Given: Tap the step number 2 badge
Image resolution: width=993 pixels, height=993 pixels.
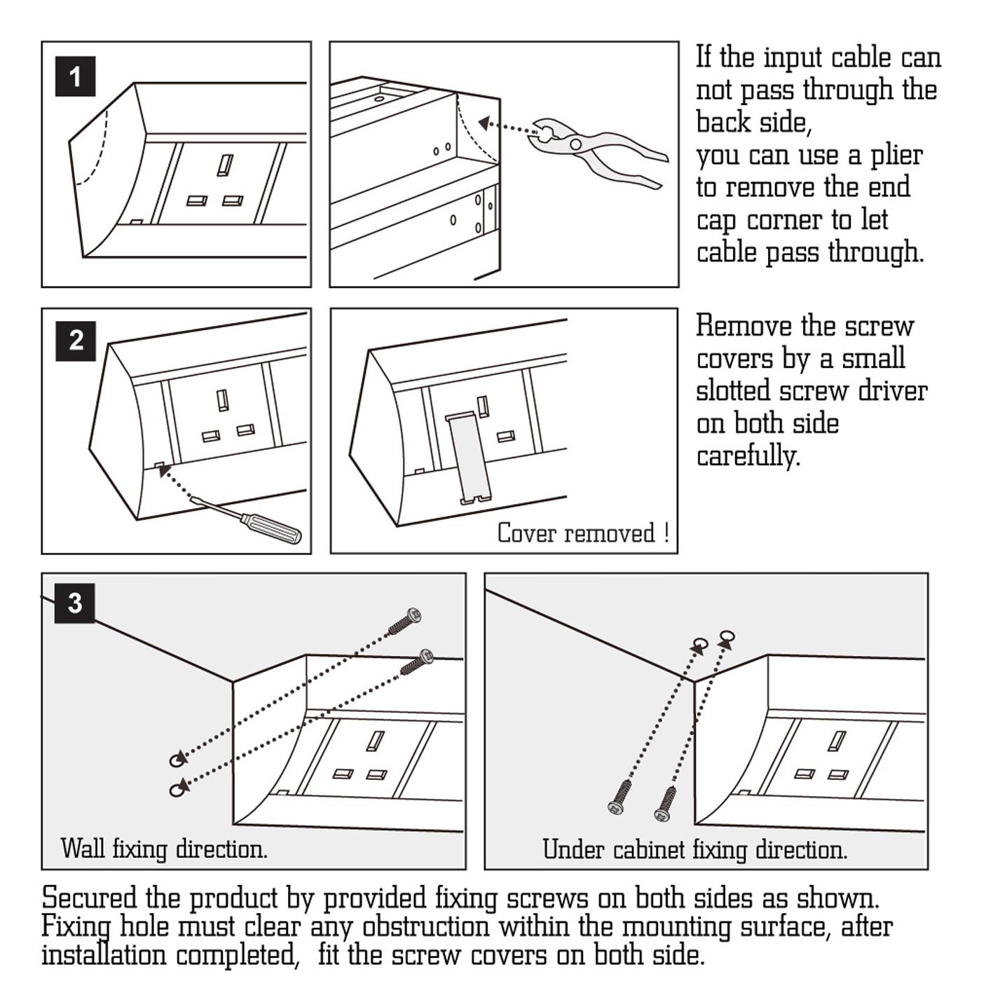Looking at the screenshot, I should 75,341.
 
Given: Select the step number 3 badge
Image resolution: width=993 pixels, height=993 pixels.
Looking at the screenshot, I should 75,603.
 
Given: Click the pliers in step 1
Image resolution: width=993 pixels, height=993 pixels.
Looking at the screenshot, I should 596,151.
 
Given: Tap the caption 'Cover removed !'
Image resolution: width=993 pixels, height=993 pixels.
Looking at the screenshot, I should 583,533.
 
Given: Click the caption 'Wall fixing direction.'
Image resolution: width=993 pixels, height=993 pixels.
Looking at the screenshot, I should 164,849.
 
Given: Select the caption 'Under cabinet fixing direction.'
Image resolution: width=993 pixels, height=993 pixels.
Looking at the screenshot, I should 694,850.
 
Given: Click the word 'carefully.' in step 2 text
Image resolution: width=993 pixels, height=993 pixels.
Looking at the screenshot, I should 747,456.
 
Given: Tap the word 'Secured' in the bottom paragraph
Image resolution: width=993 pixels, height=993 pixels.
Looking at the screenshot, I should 89,898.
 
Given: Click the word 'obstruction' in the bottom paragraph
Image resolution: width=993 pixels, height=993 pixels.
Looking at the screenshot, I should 425,927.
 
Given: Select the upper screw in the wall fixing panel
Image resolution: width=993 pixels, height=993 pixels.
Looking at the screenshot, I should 405,620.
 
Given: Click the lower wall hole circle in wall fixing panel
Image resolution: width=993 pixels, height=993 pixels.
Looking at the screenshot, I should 178,789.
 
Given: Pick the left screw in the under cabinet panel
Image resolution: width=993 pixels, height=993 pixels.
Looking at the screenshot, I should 620,797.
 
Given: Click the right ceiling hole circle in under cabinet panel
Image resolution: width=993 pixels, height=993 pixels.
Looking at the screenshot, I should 727,636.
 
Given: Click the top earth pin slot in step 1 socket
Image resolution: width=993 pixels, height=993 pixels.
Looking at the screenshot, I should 225,165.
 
